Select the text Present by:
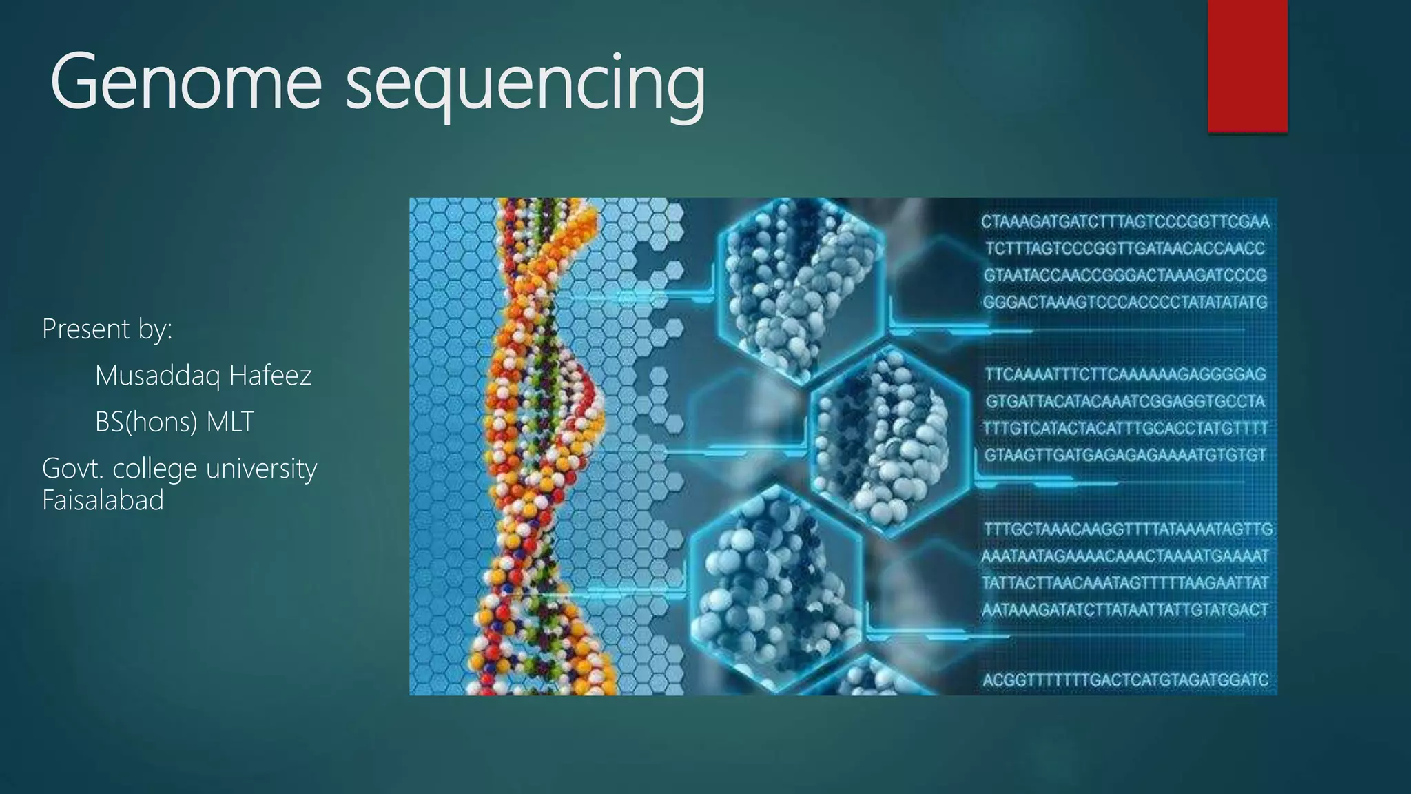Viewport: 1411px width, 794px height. click(107, 329)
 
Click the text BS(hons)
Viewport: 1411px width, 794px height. click(136, 422)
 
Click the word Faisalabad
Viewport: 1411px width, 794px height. click(103, 500)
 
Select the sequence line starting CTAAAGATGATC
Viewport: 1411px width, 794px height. click(1125, 222)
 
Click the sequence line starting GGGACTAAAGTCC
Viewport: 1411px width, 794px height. click(1125, 302)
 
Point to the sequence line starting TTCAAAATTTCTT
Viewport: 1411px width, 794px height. click(1125, 374)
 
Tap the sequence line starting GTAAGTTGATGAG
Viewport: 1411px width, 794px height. click(1125, 455)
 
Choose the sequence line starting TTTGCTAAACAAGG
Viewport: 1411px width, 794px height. click(1128, 529)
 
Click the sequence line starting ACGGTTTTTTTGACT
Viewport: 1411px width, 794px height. click(1125, 680)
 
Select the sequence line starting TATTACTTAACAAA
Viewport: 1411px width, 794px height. click(1125, 582)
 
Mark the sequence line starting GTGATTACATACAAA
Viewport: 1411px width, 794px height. click(1125, 401)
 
